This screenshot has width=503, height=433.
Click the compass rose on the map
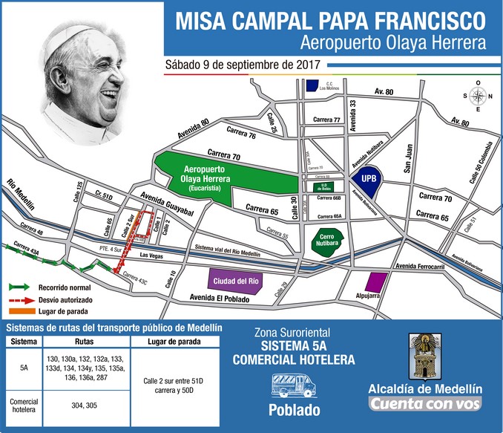[x=479, y=96]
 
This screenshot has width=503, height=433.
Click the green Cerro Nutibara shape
[x=324, y=243]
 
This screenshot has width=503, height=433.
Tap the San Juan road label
[x=407, y=163]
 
